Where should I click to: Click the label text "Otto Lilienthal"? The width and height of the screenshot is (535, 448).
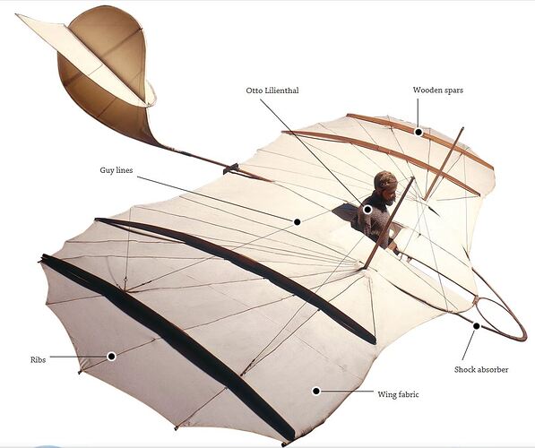click(x=272, y=90)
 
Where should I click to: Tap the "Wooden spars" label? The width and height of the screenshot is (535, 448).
click(x=438, y=90)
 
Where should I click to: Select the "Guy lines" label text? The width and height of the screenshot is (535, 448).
click(x=116, y=170)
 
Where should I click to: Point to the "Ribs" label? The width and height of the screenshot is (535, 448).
click(x=38, y=359)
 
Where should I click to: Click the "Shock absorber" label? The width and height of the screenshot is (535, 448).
click(x=481, y=369)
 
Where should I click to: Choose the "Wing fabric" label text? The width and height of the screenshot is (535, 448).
click(x=398, y=394)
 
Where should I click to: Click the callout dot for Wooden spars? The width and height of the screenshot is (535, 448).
click(x=419, y=132)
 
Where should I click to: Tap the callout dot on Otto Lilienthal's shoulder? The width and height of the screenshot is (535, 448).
click(x=367, y=210)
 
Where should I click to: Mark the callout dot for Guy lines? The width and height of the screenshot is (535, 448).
click(x=298, y=222)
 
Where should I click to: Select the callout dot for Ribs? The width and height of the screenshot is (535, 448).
click(x=111, y=357)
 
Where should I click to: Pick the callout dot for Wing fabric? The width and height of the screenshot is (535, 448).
click(x=316, y=391)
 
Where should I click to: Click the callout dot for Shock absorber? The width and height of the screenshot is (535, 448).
click(x=477, y=326)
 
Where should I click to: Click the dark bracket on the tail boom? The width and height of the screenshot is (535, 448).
click(x=231, y=168)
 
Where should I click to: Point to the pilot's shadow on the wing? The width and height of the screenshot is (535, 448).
click(x=345, y=212)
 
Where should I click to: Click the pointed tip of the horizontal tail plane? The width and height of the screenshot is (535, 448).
click(x=16, y=14)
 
